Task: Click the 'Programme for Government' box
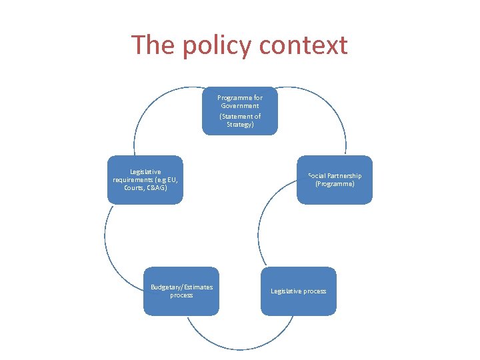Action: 240,111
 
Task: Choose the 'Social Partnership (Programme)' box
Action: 335,179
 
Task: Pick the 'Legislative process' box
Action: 299,291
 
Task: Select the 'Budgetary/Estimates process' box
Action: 181,291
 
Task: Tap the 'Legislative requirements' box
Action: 145,179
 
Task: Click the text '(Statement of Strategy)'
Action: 240,121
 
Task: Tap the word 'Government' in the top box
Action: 240,106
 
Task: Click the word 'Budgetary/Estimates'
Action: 181,287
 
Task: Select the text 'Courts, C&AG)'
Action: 145,188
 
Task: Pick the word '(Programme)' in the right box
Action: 335,184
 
